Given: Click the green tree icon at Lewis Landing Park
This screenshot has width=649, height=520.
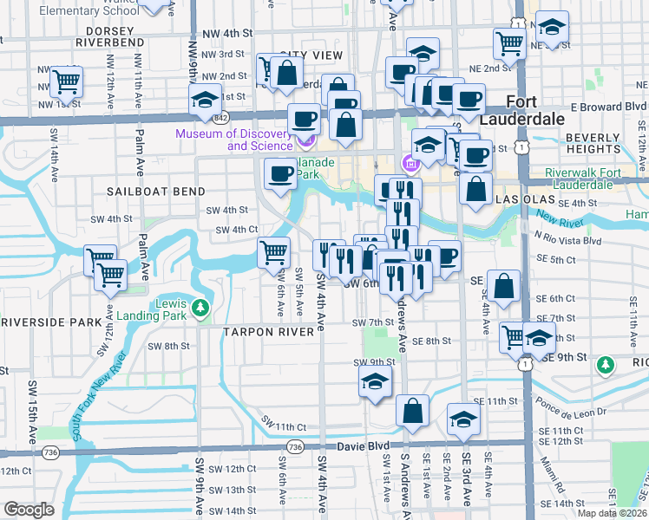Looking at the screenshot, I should click(x=200, y=307).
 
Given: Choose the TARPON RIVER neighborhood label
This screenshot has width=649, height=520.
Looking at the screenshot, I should click(x=266, y=332).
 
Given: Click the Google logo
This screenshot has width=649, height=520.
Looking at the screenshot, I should click(x=28, y=510).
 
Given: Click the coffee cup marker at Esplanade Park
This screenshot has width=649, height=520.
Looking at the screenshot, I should click(x=280, y=175).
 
